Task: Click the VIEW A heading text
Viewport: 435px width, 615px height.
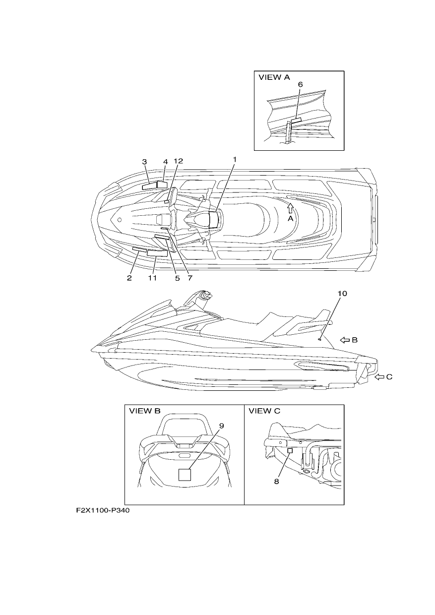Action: point(274,77)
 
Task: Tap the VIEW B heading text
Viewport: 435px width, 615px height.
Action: point(145,411)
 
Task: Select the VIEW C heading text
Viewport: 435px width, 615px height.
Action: point(264,411)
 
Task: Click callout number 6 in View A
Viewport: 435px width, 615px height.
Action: point(301,84)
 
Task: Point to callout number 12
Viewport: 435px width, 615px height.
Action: point(178,161)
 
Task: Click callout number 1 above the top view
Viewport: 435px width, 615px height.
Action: point(235,160)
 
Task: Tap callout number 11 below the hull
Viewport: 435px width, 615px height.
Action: point(152,278)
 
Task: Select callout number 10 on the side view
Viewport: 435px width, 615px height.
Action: point(342,294)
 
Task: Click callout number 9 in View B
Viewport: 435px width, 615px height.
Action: point(222,426)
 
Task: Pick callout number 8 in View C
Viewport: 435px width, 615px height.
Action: point(277,481)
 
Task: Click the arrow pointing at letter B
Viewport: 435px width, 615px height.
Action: point(345,340)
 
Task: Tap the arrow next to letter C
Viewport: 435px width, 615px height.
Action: point(379,377)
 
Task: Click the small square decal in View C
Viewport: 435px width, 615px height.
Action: point(290,450)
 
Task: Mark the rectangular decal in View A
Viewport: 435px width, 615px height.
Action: point(296,121)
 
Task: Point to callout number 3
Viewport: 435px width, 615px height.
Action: point(144,162)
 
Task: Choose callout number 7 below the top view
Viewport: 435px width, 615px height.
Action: point(190,278)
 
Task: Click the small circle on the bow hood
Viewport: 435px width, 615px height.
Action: point(120,220)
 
